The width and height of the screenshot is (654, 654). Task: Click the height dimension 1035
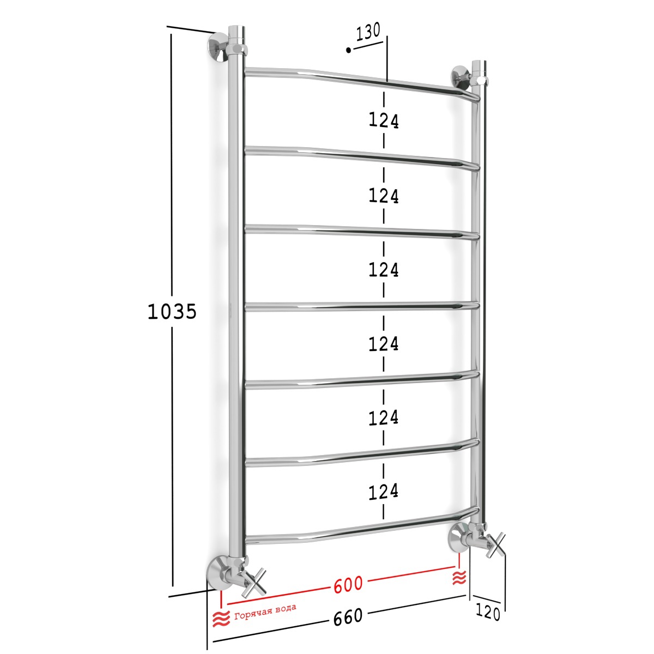(x=172, y=311)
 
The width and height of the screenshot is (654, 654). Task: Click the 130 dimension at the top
(x=368, y=32)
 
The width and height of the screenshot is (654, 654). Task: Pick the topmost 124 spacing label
(x=384, y=121)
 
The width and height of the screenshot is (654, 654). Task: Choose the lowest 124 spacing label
(x=384, y=492)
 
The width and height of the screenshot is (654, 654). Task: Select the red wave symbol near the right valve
(x=459, y=577)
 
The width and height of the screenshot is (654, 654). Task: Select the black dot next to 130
(x=348, y=50)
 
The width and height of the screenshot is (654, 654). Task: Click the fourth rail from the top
(x=362, y=307)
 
